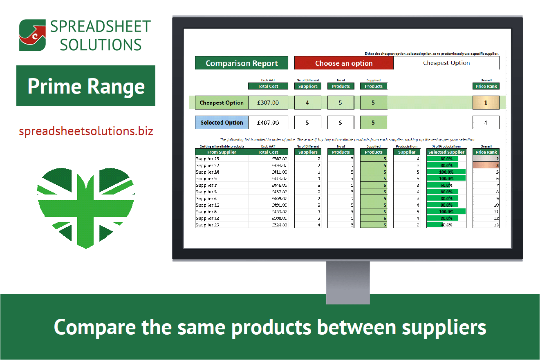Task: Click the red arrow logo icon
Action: point(33,35)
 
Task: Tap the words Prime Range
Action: point(86,86)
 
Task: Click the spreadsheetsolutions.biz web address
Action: point(86,131)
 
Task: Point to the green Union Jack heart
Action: point(86,205)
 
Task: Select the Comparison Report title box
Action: point(242,63)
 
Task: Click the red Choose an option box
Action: point(344,63)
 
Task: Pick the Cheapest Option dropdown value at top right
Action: point(446,63)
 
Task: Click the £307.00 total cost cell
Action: point(268,103)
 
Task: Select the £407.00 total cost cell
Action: point(268,123)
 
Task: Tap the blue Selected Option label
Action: point(222,123)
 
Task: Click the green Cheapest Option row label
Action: point(222,103)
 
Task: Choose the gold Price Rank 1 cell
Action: point(486,103)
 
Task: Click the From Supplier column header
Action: point(222,152)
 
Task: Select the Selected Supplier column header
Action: point(446,152)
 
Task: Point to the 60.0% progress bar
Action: point(438,185)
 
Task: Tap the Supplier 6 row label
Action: point(206,212)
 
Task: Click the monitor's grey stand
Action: point(347,282)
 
